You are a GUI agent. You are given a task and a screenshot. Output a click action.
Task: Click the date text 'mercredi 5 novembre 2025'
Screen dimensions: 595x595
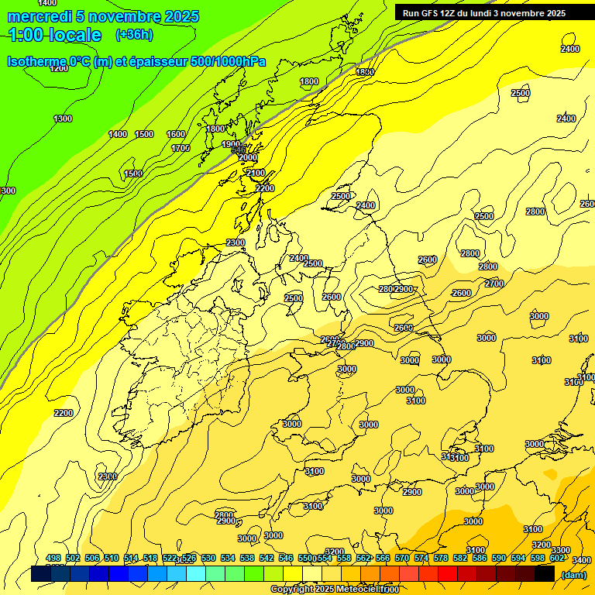pyautogui.click(x=103, y=16)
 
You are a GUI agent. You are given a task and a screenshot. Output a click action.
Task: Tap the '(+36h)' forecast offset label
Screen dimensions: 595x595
pyautogui.click(x=135, y=35)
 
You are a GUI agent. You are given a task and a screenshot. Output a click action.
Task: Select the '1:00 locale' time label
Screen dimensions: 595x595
pyautogui.click(x=54, y=35)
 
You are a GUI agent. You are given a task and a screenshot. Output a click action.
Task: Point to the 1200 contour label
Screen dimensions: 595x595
pyautogui.click(x=59, y=68)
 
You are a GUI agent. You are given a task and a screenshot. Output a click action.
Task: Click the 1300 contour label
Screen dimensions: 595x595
pyautogui.click(x=63, y=119)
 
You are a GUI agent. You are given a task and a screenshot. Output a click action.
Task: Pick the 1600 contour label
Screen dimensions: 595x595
pyautogui.click(x=176, y=134)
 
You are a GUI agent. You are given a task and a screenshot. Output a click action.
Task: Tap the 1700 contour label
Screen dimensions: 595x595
pyautogui.click(x=181, y=147)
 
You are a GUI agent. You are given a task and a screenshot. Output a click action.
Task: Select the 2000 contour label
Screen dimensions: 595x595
pyautogui.click(x=247, y=157)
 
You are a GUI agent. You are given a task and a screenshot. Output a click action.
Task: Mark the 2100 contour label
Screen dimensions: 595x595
pyautogui.click(x=256, y=173)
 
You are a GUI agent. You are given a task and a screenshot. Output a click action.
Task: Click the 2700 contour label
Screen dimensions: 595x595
pyautogui.click(x=494, y=284)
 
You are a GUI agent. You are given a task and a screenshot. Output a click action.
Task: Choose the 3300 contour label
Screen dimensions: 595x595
pyautogui.click(x=561, y=550)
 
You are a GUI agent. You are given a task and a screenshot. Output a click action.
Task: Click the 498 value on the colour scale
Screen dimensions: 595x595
pyautogui.click(x=53, y=559)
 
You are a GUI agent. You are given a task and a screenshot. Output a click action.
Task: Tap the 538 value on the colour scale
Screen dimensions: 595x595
pyautogui.click(x=247, y=559)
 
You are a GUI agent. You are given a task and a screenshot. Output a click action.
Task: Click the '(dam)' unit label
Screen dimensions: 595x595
pyautogui.click(x=573, y=574)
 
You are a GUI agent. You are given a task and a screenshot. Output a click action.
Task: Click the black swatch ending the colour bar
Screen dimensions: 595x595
pyautogui.click(x=545, y=574)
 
